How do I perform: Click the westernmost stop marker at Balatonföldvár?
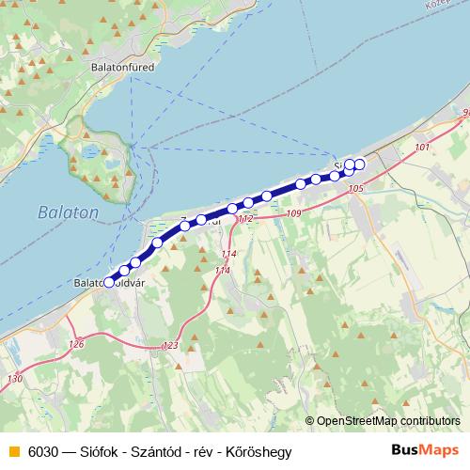click(x=109, y=281)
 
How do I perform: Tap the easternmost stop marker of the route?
click(x=359, y=164)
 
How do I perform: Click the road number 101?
click(x=421, y=148)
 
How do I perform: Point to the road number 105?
click(x=354, y=190)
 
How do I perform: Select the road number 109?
click(x=294, y=214)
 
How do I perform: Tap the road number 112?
click(x=245, y=219)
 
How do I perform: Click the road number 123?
click(x=170, y=346)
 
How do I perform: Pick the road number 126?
click(x=76, y=345)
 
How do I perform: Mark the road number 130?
click(x=14, y=379)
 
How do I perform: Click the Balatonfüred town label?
click(x=122, y=68)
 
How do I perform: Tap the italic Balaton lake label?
click(x=68, y=213)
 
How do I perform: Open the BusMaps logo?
click(x=425, y=451)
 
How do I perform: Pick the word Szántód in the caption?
click(x=154, y=452)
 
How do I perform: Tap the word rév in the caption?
click(x=205, y=452)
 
